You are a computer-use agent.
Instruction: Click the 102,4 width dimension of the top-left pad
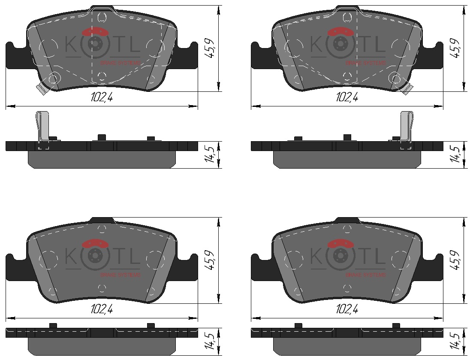click(x=102, y=97)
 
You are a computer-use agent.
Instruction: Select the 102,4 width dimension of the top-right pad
click(x=347, y=97)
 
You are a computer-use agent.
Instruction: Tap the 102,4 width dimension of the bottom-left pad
click(x=102, y=309)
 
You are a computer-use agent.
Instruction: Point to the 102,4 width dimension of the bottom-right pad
click(x=347, y=309)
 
